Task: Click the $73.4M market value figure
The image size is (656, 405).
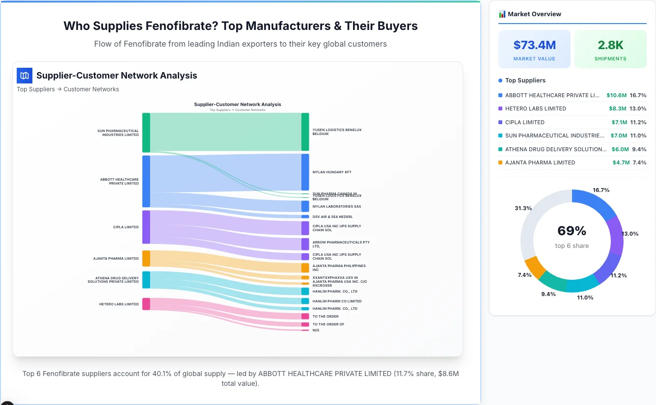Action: [x=534, y=45]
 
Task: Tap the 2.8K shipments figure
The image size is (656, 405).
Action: [x=610, y=45]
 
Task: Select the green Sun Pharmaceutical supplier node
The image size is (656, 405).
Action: [x=146, y=133]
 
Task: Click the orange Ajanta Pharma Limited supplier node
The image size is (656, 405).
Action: [x=146, y=258]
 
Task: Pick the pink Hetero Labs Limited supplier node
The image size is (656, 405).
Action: [x=146, y=304]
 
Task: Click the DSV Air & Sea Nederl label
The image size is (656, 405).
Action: [x=332, y=216]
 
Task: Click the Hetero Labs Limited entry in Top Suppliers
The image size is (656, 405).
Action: [x=535, y=108]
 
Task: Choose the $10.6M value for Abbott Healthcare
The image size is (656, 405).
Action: [x=616, y=95]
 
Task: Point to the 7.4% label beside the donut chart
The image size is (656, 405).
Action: [x=524, y=275]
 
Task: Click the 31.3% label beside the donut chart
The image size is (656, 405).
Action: [x=523, y=208]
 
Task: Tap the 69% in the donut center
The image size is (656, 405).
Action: [x=572, y=231]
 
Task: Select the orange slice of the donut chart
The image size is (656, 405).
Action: [x=535, y=267]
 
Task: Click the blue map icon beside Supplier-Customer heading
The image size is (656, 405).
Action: [x=24, y=76]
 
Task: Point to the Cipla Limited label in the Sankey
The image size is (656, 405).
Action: [x=126, y=227]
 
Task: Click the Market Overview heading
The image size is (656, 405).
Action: [x=534, y=14]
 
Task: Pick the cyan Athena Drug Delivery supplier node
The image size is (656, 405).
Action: [x=146, y=279]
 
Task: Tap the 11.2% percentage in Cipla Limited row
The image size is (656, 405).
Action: [x=638, y=122]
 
